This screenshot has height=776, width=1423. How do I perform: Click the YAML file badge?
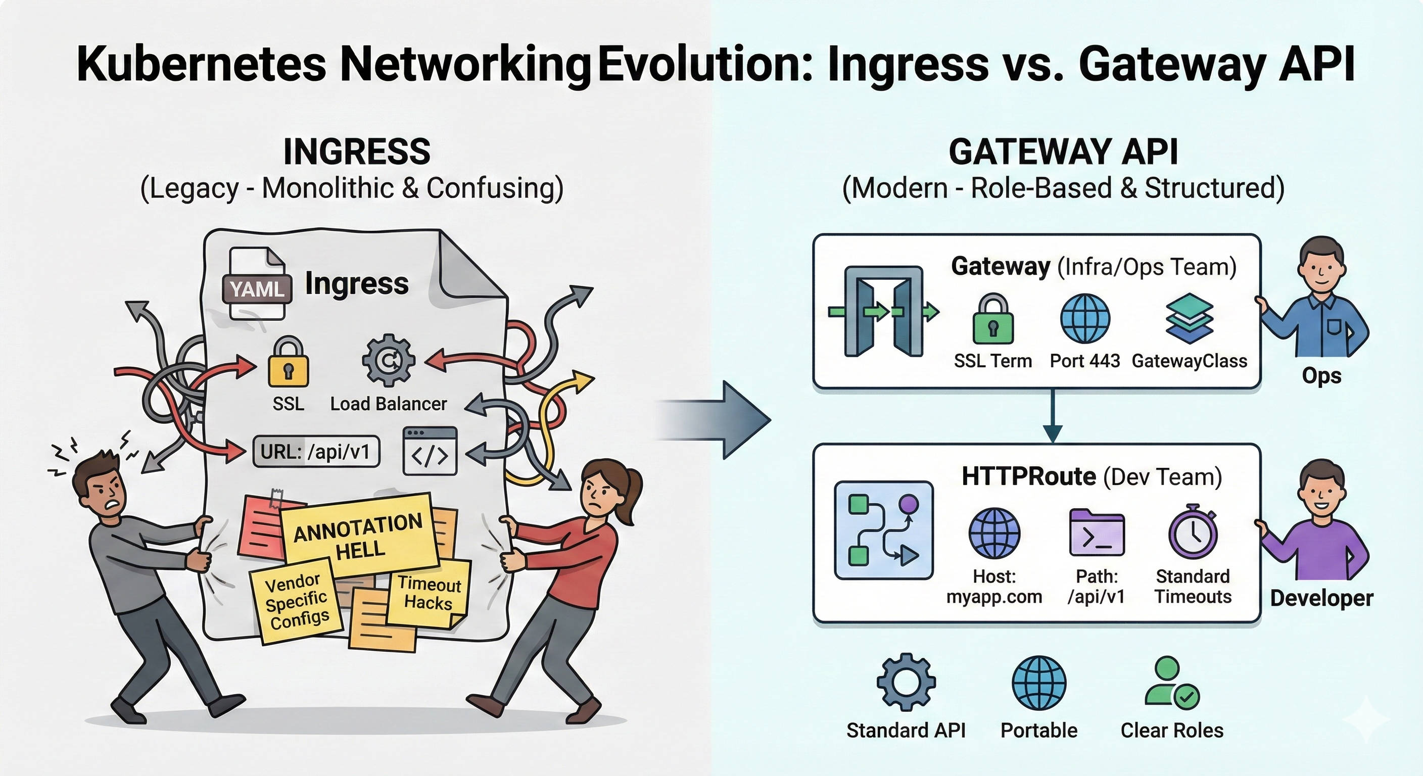257,288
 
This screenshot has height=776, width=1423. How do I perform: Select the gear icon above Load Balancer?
388,360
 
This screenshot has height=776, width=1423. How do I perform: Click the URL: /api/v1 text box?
316,452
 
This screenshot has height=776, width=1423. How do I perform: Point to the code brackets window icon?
430,451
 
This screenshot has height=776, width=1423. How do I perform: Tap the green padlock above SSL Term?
992,320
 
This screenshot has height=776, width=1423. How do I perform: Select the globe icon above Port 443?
1085,319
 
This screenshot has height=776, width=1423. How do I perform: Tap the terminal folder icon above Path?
1097,532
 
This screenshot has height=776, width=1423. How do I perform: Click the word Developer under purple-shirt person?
1321,598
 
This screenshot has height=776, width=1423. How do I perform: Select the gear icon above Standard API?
906,682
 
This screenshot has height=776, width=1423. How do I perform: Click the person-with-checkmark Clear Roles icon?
1171,683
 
